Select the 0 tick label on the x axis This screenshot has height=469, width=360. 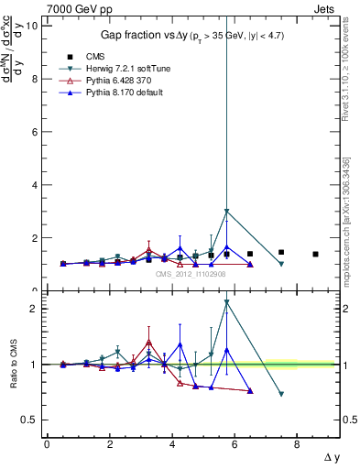(x=47, y=445)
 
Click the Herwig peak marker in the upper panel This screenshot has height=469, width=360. (x=226, y=212)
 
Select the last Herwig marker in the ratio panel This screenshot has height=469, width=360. (x=281, y=394)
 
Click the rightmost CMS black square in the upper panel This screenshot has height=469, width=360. (x=315, y=254)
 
